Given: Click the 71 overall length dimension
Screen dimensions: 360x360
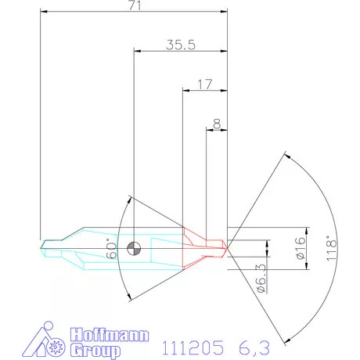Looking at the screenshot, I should point(132,6).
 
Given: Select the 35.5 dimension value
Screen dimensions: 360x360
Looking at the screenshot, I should point(180,45).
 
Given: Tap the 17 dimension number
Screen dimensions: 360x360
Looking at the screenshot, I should point(204,84).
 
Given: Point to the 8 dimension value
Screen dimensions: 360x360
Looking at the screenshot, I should point(216,122).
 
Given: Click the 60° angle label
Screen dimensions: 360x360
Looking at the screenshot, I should point(111,251).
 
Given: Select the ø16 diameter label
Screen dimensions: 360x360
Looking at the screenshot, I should point(300,248).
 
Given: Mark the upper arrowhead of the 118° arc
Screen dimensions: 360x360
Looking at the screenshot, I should point(285,157).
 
